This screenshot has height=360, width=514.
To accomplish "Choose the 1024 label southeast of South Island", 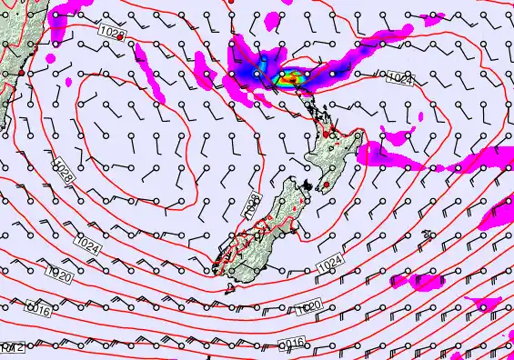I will coord(329,265).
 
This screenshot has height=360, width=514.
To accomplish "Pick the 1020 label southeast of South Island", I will coord(307,310).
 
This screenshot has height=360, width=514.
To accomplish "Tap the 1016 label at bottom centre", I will coord(289,343).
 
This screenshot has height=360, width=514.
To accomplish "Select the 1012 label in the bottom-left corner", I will coord(11,347).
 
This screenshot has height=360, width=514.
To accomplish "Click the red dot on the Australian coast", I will coord(19,71).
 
